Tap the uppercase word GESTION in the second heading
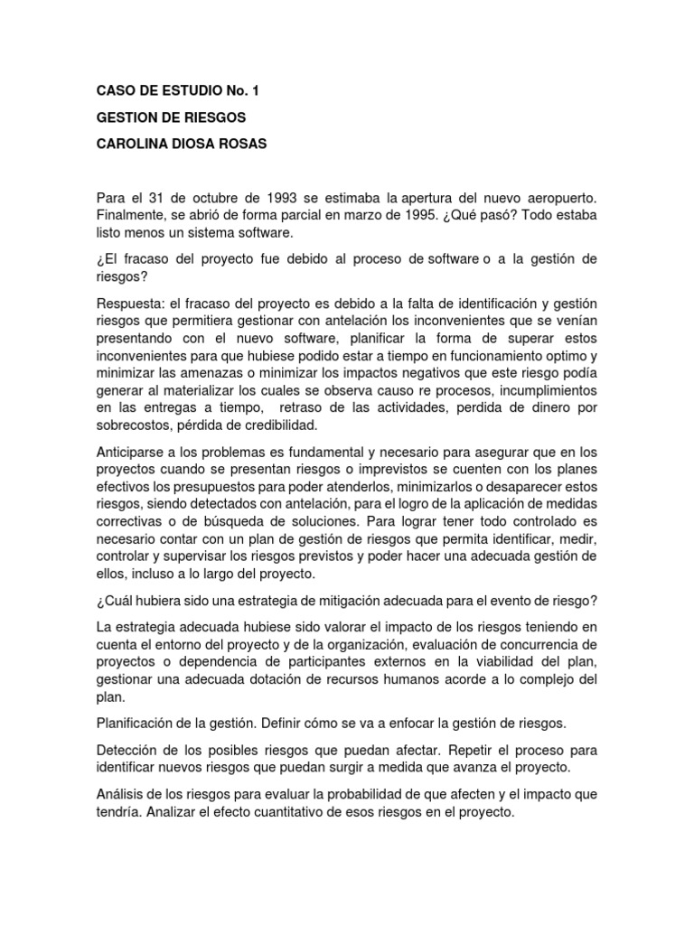point(127,118)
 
